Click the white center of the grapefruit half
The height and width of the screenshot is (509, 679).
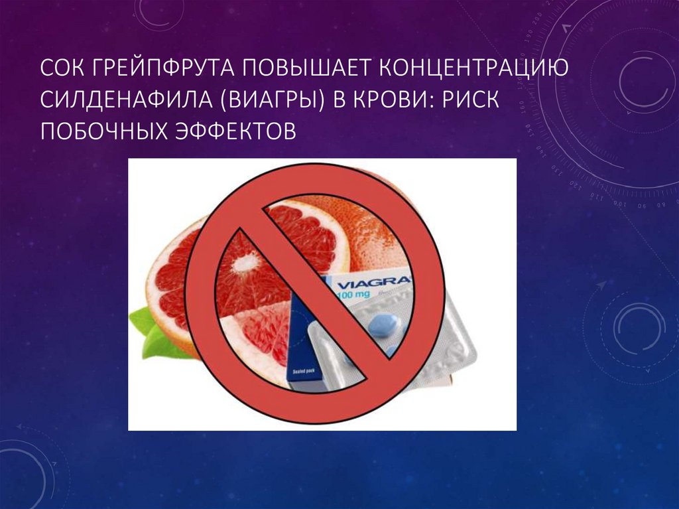tap(246, 264)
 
